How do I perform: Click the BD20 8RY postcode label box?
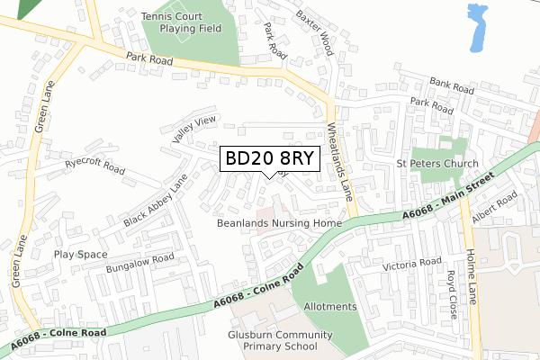click(269, 158)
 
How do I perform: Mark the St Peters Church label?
click(437, 165)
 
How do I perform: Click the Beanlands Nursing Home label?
click(280, 222)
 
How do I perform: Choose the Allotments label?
click(329, 307)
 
